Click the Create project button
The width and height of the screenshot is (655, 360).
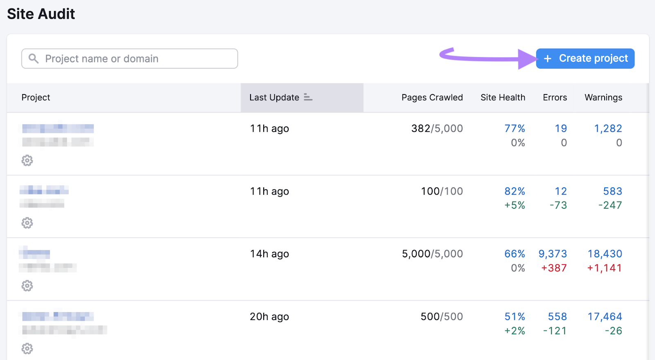585,59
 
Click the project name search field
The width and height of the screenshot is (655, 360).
135,59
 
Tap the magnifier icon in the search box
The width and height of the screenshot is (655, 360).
34,59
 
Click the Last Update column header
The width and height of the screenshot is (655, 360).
274,97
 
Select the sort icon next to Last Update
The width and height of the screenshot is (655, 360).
308,97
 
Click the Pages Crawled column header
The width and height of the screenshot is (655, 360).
432,97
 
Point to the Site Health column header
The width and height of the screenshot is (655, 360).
502,97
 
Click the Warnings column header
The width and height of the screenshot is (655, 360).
603,97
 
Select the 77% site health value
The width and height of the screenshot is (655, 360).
515,128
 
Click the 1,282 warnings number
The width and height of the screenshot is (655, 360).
608,128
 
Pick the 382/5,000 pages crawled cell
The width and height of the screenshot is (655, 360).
437,128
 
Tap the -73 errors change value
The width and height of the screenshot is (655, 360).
558,205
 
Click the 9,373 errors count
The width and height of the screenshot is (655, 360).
553,254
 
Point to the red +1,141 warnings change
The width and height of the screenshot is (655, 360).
604,268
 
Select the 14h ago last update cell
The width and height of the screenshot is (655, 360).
269,254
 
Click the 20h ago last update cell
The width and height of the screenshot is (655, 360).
269,317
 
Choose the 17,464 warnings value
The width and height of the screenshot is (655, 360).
605,317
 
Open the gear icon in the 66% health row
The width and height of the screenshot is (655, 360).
27,286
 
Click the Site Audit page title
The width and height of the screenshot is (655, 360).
41,14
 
